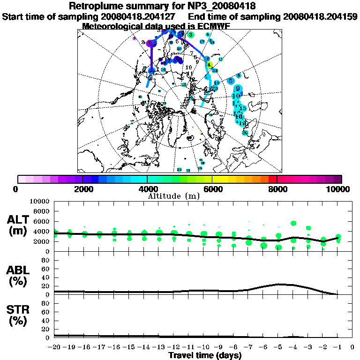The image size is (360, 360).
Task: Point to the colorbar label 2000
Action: [82, 189]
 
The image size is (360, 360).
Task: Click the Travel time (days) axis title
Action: [204, 355]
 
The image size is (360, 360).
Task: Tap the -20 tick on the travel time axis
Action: [54, 347]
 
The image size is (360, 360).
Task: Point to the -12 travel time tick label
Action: [173, 347]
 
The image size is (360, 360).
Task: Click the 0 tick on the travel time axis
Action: [352, 347]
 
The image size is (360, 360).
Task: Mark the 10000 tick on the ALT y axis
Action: [40, 201]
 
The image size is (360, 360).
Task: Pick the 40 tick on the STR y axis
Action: [46, 321]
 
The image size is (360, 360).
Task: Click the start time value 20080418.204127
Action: [136, 16]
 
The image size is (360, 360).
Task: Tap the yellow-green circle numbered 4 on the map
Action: [210, 64]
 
